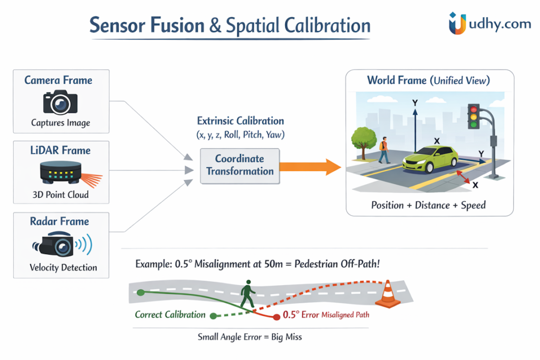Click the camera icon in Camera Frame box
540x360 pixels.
[x=60, y=102]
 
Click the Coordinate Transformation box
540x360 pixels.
[x=240, y=165]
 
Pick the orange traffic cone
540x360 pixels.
[x=388, y=295]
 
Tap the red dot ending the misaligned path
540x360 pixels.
[x=276, y=316]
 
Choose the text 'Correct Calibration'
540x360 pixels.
[x=170, y=315]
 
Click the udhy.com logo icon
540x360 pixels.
[x=457, y=24]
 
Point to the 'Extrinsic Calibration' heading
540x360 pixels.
[x=240, y=121]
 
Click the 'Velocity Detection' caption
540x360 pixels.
[x=63, y=267]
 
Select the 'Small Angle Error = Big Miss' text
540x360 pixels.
[x=249, y=336]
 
